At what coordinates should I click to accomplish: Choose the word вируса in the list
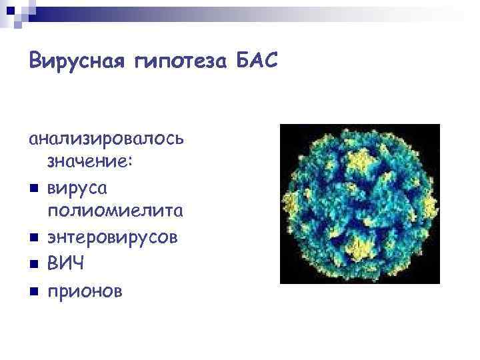tap(77, 189)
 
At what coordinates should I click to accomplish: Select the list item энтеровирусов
tap(112, 238)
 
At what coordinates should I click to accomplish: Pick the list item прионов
tap(84, 291)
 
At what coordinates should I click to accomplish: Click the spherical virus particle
tap(359, 204)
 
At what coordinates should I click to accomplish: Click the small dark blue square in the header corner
tap(10, 10)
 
